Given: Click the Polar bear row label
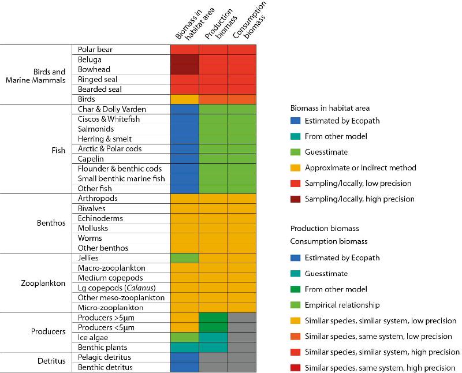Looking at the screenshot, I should (95, 50).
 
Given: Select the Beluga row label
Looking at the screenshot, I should (90, 59).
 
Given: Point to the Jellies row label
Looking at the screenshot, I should (88, 258).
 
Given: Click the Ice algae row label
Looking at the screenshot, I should (92, 337).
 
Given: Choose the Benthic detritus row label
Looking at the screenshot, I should (105, 367).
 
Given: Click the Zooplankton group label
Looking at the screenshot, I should (43, 283).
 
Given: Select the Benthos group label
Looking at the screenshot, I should (51, 222).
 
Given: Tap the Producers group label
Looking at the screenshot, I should (49, 332).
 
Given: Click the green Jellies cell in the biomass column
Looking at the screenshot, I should (185, 258).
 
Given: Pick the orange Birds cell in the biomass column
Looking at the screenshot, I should (185, 99).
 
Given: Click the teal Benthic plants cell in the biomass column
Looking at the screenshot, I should (185, 348).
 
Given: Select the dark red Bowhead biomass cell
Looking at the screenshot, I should (185, 69).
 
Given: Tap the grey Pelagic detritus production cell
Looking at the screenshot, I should (214, 357).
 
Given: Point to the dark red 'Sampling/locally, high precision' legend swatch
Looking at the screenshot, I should (296, 199).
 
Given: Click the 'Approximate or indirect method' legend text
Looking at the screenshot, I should (361, 167).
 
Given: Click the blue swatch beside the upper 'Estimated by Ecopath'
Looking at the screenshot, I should (296, 121).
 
